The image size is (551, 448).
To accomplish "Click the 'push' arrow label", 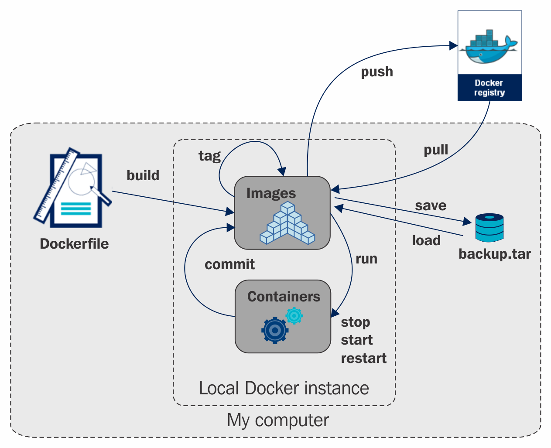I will tap(377, 72).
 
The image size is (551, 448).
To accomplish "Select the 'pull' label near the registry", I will tap(436, 150).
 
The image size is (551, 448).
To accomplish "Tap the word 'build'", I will tap(143, 175).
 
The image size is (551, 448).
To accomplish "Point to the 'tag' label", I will tap(209, 156).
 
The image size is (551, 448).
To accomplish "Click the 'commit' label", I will tap(230, 264).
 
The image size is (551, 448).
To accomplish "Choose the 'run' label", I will tap(366, 259).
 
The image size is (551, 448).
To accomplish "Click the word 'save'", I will tap(431, 205).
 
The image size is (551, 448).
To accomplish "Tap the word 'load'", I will tap(426, 240).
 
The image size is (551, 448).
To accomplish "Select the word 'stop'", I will tap(356, 322).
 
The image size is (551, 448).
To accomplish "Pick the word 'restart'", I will tap(364, 359).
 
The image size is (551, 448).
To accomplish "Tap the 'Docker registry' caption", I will tap(489, 88).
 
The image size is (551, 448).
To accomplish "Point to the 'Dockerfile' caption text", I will tap(74, 244).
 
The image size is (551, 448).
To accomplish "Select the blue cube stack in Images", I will tap(287, 223).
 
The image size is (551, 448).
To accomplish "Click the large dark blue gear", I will tap(275, 331).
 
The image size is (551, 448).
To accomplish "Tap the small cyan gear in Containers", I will tap(294, 315).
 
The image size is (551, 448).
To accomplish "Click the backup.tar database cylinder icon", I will tap(489, 227).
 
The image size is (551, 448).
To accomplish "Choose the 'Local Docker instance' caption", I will tap(284, 388).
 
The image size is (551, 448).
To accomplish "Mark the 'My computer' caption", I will tap(278, 421).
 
